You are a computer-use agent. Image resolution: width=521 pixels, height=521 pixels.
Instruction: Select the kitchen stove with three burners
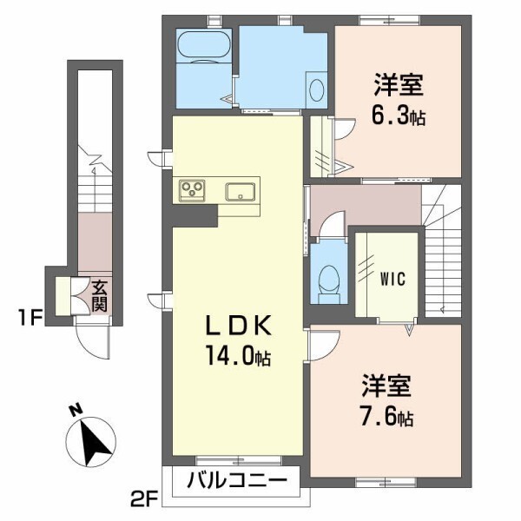click(x=191, y=190)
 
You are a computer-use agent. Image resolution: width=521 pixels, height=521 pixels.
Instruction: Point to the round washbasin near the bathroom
click(x=316, y=89)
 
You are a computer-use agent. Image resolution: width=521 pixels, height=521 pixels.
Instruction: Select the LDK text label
click(x=239, y=326)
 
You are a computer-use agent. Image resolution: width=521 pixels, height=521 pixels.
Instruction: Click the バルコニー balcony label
click(x=236, y=480)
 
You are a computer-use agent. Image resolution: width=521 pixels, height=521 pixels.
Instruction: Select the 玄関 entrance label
click(x=100, y=295)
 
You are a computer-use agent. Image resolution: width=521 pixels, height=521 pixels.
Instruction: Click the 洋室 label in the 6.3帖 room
click(x=399, y=86)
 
